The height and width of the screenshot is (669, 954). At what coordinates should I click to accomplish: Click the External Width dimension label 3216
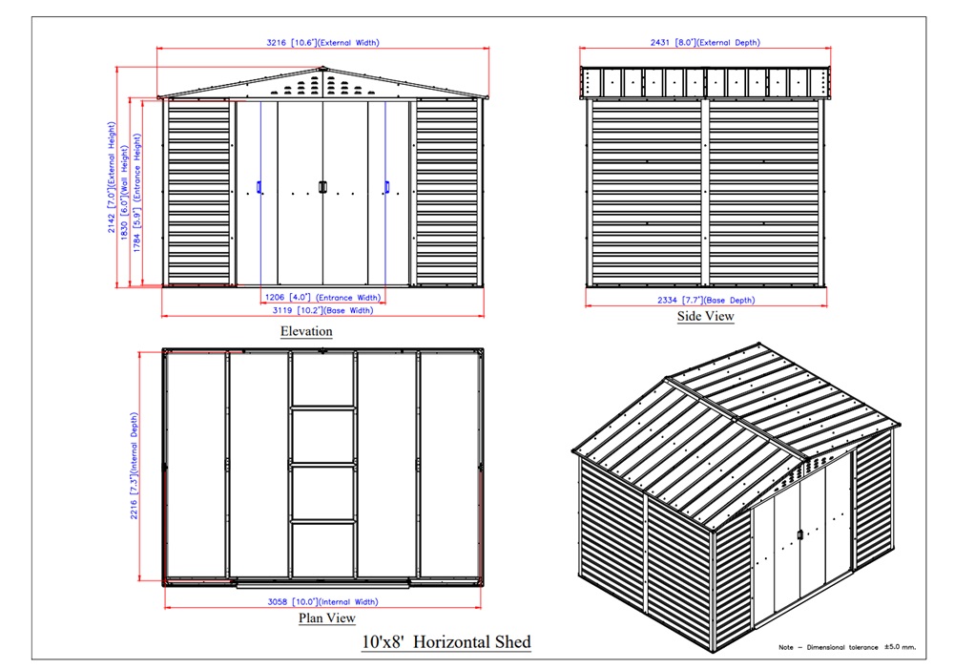tap(277, 43)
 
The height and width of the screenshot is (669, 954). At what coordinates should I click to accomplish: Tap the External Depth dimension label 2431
tap(661, 43)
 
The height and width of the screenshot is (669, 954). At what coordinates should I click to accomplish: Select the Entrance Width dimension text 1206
tap(275, 298)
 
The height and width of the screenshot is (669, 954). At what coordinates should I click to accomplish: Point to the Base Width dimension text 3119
tap(282, 310)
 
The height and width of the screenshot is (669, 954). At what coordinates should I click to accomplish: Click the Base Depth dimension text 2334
tap(668, 300)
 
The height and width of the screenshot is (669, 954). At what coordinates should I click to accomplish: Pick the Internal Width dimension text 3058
tap(278, 602)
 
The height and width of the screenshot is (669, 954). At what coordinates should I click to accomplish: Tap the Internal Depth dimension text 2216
tap(134, 509)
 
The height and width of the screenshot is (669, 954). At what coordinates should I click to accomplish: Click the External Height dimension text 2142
tap(112, 222)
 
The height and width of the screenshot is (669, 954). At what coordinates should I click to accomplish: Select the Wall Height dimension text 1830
tap(124, 230)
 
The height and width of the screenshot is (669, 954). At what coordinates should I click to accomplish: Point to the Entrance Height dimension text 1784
tap(136, 242)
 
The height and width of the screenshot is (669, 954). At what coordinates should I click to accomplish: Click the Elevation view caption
tap(306, 331)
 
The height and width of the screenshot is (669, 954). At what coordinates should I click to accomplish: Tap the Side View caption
tap(706, 316)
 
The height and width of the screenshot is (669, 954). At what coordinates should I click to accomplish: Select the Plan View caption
tap(326, 617)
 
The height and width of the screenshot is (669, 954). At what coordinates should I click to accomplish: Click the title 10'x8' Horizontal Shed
tap(446, 641)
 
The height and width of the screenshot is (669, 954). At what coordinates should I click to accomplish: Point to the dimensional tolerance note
tap(847, 647)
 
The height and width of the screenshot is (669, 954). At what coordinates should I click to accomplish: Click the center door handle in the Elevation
tap(323, 187)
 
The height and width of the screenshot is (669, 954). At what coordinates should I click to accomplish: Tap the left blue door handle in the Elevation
tap(259, 186)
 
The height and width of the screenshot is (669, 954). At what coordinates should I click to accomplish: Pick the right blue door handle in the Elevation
tap(387, 186)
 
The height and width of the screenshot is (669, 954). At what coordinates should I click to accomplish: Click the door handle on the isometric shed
tap(800, 535)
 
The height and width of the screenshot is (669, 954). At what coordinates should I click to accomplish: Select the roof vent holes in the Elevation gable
tap(322, 85)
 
